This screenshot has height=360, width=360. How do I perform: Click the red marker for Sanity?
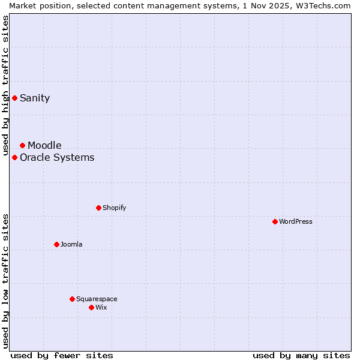(14, 98)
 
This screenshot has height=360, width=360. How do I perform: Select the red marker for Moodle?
(22, 145)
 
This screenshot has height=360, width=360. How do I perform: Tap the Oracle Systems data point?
(14, 157)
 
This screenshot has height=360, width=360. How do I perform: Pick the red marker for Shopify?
(98, 208)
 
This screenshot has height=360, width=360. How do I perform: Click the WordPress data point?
(275, 221)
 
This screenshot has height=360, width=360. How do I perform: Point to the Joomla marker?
(56, 244)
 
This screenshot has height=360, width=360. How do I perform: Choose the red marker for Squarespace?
(72, 299)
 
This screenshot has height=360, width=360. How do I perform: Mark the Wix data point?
(91, 307)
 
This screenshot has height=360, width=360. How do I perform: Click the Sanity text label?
(35, 98)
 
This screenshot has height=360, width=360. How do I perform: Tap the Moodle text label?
(44, 146)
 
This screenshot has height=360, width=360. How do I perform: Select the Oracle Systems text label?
(57, 158)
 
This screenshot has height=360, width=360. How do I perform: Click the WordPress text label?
(296, 222)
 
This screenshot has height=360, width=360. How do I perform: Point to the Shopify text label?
(114, 208)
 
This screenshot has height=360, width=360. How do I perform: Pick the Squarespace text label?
(97, 299)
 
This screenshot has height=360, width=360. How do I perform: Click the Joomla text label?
(71, 245)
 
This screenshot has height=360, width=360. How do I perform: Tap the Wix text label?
(101, 308)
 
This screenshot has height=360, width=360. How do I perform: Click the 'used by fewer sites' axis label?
(62, 356)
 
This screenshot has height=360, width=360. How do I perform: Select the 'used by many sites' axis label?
(301, 356)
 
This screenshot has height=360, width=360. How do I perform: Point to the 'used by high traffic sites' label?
(6, 85)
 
